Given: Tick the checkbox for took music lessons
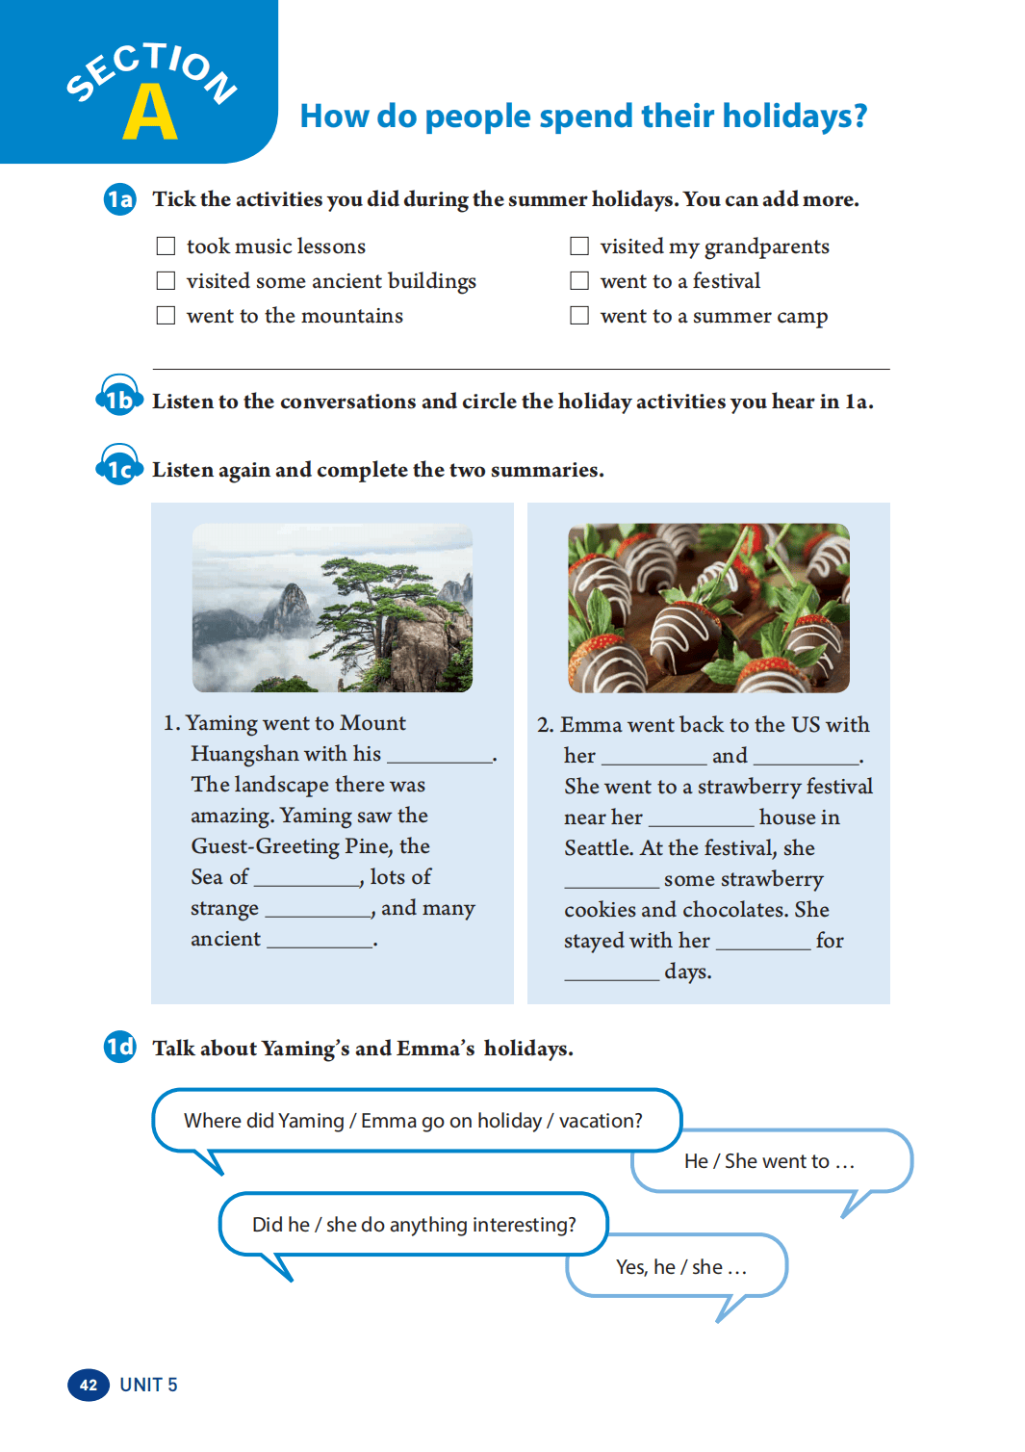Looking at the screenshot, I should coord(166,246).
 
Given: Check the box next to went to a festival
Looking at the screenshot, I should coord(579,281).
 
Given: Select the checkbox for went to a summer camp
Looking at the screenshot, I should coord(579,316).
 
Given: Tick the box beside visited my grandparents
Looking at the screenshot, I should coord(579,246).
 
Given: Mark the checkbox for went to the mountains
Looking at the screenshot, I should coord(166,316).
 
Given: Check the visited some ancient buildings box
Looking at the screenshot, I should coord(166,281).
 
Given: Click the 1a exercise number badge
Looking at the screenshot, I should coord(120,199).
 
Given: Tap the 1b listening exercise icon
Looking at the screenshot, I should coord(119,398).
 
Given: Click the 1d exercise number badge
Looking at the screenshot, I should coord(120,1047).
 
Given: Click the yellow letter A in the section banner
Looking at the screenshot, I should coord(150,113).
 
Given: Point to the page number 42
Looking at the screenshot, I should coord(89,1385).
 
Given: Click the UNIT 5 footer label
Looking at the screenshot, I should coord(148,1385).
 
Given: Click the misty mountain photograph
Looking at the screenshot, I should coord(332,608).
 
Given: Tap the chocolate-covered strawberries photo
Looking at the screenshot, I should coord(708,608).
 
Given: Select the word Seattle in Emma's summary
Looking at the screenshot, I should coord(598,848).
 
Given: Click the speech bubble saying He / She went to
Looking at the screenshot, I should coord(770,1161).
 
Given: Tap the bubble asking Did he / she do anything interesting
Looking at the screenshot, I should coord(414,1225).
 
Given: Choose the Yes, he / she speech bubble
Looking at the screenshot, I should coord(680,1267).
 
